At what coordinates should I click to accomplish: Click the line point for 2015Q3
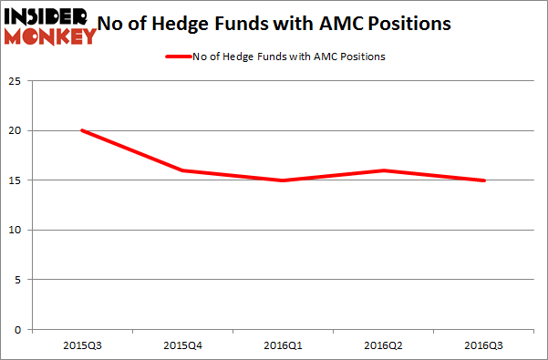83,130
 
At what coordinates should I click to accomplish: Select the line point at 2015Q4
183,170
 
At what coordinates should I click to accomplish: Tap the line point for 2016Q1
284,180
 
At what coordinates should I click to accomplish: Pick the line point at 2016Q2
384,170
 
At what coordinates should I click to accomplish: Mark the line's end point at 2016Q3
484,180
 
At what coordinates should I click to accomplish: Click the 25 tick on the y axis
19,81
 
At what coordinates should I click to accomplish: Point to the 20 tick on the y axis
19,130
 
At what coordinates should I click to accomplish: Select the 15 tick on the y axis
19,180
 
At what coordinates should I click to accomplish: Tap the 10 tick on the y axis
19,230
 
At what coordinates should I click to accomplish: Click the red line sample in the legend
177,57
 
